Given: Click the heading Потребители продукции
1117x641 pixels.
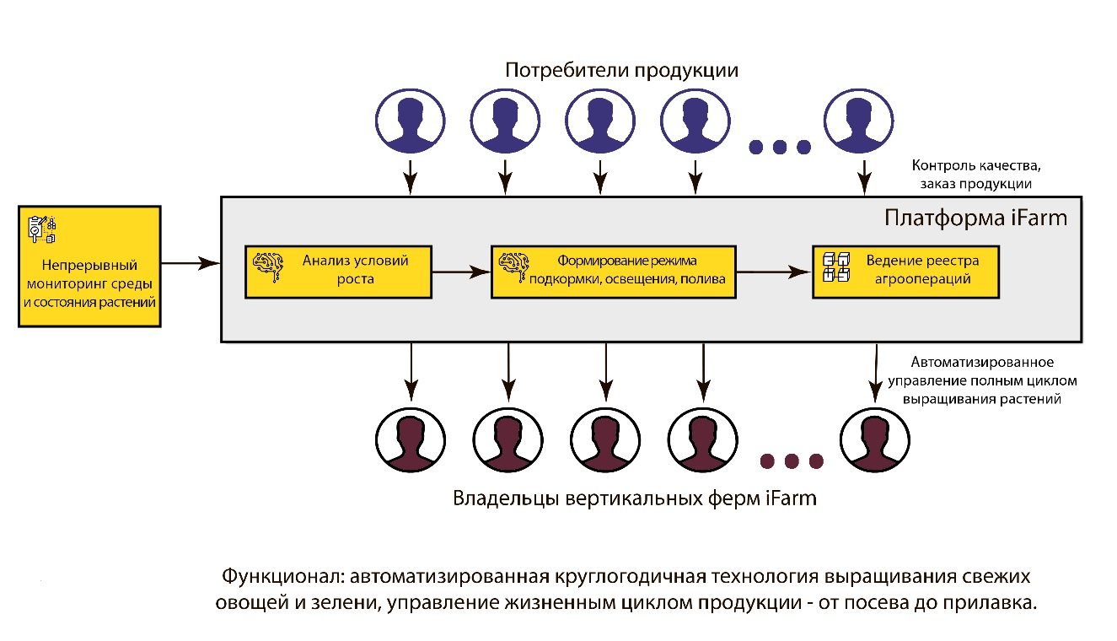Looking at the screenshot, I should point(621,71).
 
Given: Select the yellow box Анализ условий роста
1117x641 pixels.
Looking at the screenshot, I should point(338,272).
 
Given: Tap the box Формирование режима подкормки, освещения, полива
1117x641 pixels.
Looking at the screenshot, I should point(613,272).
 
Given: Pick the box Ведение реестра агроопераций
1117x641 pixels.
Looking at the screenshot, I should point(906,272).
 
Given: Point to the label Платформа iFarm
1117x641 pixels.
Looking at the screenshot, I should point(975,219).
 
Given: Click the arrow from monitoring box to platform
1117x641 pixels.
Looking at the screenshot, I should point(190,265).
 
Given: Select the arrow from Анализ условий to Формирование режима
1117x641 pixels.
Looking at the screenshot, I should point(460,272).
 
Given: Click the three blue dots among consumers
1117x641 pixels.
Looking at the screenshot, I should point(779,148).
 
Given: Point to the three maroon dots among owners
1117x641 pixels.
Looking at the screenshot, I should point(791,461).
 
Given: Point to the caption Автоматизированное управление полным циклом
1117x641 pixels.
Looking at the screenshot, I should point(982,380).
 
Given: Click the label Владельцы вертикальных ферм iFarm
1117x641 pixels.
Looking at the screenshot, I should point(635,498).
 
